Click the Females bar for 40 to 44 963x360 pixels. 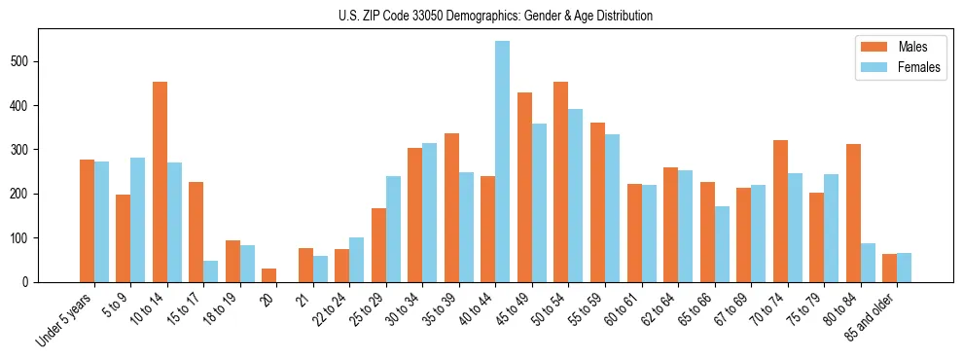503,162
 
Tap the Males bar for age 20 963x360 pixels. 269,275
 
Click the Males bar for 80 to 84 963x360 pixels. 853,213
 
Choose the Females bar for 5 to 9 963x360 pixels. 138,220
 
